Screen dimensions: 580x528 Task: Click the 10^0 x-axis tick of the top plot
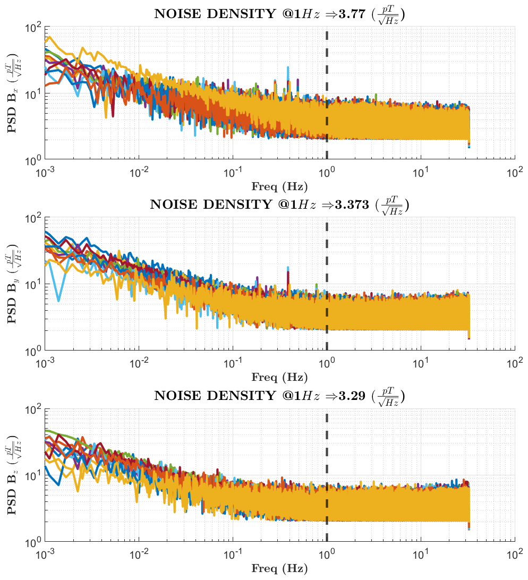[327, 173]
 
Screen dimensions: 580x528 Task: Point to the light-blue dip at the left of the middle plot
[58, 300]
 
